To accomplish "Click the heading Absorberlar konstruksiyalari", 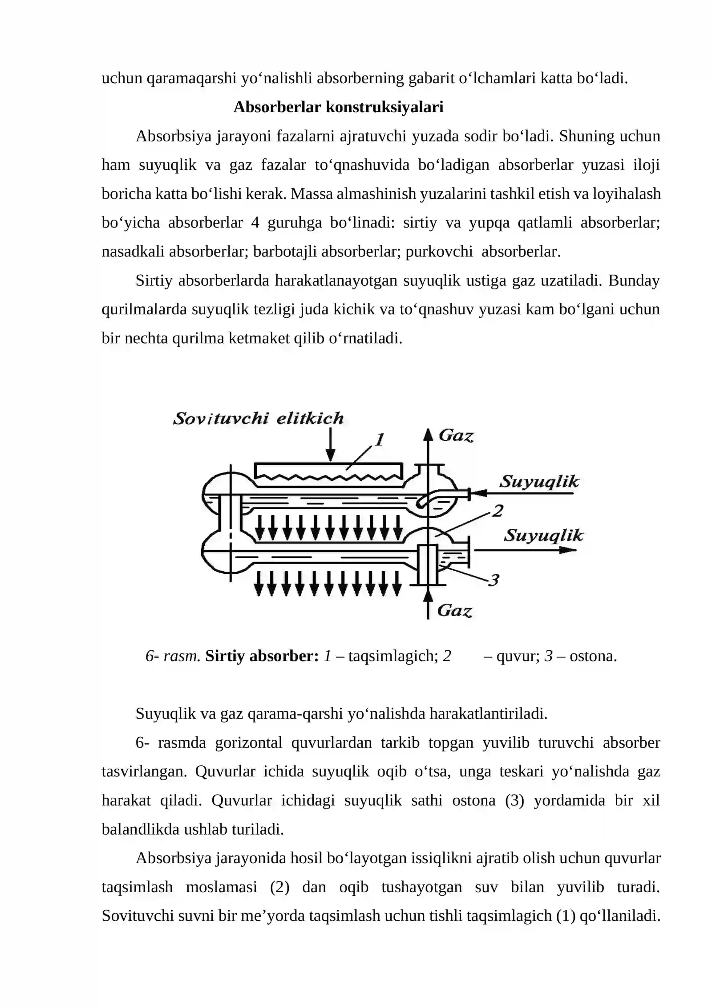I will pyautogui.click(x=338, y=107).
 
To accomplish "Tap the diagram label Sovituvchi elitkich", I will pyautogui.click(x=258, y=418).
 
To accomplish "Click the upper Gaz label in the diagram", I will pyautogui.click(x=456, y=435).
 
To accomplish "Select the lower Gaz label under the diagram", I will pyautogui.click(x=454, y=610).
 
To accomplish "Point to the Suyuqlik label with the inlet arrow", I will pyautogui.click(x=539, y=482).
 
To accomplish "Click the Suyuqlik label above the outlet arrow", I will pyautogui.click(x=543, y=535).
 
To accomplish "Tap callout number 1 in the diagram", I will pyautogui.click(x=379, y=440).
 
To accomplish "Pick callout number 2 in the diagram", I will pyautogui.click(x=497, y=511).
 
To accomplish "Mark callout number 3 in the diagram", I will pyautogui.click(x=494, y=580).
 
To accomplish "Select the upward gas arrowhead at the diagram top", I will pyautogui.click(x=428, y=434).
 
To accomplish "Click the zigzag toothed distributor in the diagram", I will pyautogui.click(x=329, y=477).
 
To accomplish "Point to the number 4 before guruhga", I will pyautogui.click(x=255, y=223).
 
